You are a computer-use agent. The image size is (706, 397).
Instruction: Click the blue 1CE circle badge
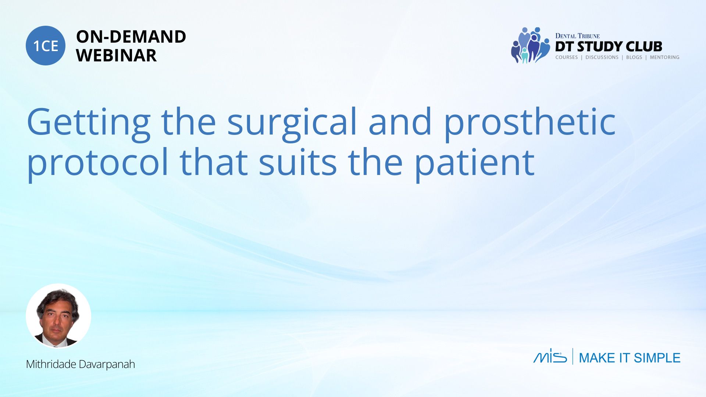pyautogui.click(x=46, y=46)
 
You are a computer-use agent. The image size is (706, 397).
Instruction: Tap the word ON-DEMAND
pyautogui.click(x=131, y=37)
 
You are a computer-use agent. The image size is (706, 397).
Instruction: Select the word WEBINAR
pyautogui.click(x=116, y=56)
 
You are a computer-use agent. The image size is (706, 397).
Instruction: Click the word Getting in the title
pyautogui.click(x=89, y=122)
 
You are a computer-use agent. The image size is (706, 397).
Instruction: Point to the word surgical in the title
pyautogui.click(x=292, y=122)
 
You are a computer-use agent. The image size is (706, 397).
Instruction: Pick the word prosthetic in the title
pyautogui.click(x=530, y=122)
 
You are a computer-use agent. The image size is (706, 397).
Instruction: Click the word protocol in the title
pyautogui.click(x=97, y=162)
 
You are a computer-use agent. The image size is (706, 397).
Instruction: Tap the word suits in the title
pyautogui.click(x=297, y=162)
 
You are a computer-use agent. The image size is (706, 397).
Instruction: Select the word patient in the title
pyautogui.click(x=474, y=162)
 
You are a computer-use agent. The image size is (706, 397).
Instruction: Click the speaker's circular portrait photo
pyautogui.click(x=58, y=316)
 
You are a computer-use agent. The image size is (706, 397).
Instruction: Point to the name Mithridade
pyautogui.click(x=51, y=364)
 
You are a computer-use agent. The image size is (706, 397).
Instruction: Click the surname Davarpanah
pyautogui.click(x=107, y=364)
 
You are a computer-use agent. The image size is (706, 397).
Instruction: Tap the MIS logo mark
pyautogui.click(x=550, y=356)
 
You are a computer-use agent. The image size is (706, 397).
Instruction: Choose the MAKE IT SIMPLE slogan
pyautogui.click(x=630, y=358)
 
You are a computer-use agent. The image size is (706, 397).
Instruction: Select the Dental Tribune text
pyautogui.click(x=577, y=36)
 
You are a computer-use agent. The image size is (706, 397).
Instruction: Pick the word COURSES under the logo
pyautogui.click(x=567, y=57)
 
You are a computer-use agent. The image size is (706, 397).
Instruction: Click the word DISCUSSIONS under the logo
pyautogui.click(x=602, y=57)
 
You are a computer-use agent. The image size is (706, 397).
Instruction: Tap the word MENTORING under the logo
pyautogui.click(x=664, y=57)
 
